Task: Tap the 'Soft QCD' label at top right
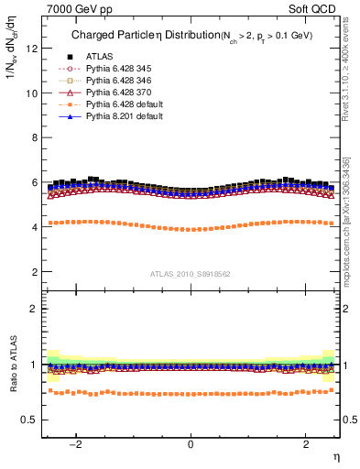coord(315,8)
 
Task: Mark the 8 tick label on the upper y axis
coord(33,137)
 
